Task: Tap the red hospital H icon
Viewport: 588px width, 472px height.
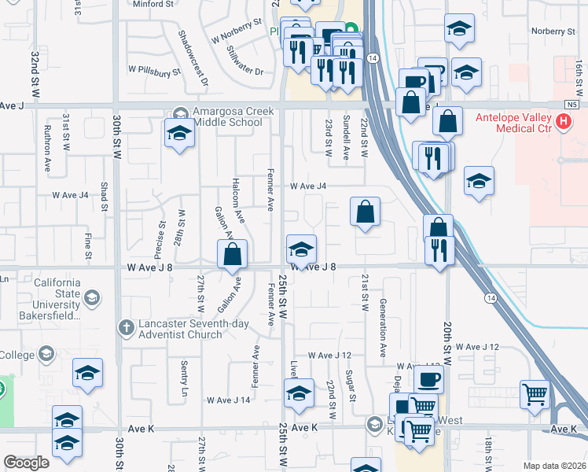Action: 562,122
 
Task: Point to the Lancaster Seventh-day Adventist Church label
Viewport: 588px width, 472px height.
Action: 194,328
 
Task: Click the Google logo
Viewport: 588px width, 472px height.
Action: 27,463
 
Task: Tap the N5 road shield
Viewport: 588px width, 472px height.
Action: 571,104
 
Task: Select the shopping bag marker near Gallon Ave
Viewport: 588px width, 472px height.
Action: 233,254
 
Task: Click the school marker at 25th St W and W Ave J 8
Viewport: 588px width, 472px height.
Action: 300,250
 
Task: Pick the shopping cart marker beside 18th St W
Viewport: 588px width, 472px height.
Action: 535,394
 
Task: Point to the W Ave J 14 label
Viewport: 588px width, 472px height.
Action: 228,400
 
